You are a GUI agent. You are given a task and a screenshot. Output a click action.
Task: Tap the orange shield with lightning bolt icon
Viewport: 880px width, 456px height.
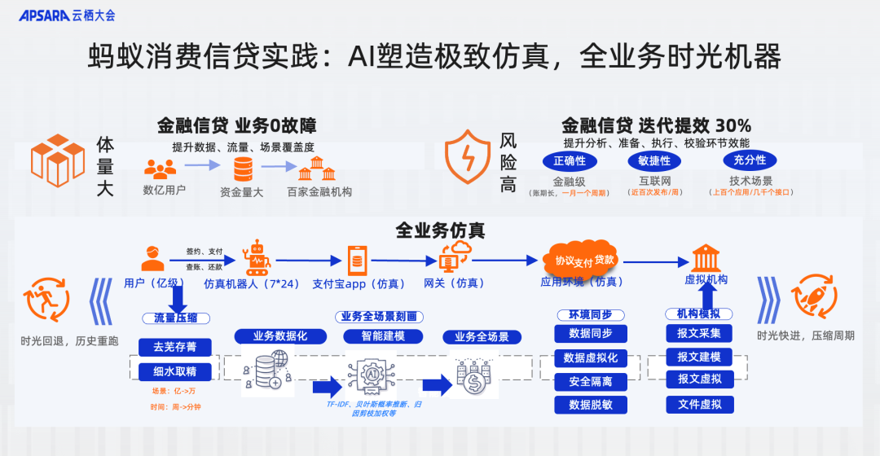(468, 154)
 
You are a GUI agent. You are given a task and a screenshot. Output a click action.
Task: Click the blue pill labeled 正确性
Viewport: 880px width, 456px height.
(570, 160)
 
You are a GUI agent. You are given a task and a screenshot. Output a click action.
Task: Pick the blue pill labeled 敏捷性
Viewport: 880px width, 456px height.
(654, 160)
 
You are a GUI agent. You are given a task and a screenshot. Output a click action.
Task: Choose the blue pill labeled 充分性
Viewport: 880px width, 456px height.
(750, 160)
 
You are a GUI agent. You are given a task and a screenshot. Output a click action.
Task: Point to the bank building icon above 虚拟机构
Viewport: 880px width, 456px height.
(706, 258)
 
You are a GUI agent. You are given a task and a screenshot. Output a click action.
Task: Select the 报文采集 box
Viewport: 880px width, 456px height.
(699, 333)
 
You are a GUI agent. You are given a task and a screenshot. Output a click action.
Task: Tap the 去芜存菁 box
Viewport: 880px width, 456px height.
(169, 347)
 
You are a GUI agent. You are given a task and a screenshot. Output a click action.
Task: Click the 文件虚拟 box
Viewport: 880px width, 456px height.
(699, 404)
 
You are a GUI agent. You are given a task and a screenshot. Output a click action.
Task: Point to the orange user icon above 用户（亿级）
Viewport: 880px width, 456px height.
(152, 258)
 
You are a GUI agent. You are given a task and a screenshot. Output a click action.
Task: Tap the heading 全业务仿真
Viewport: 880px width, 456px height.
(440, 230)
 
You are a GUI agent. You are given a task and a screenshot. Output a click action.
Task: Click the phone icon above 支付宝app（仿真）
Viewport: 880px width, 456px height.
(356, 260)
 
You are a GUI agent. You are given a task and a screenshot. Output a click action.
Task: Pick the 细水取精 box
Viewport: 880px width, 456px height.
(169, 371)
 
